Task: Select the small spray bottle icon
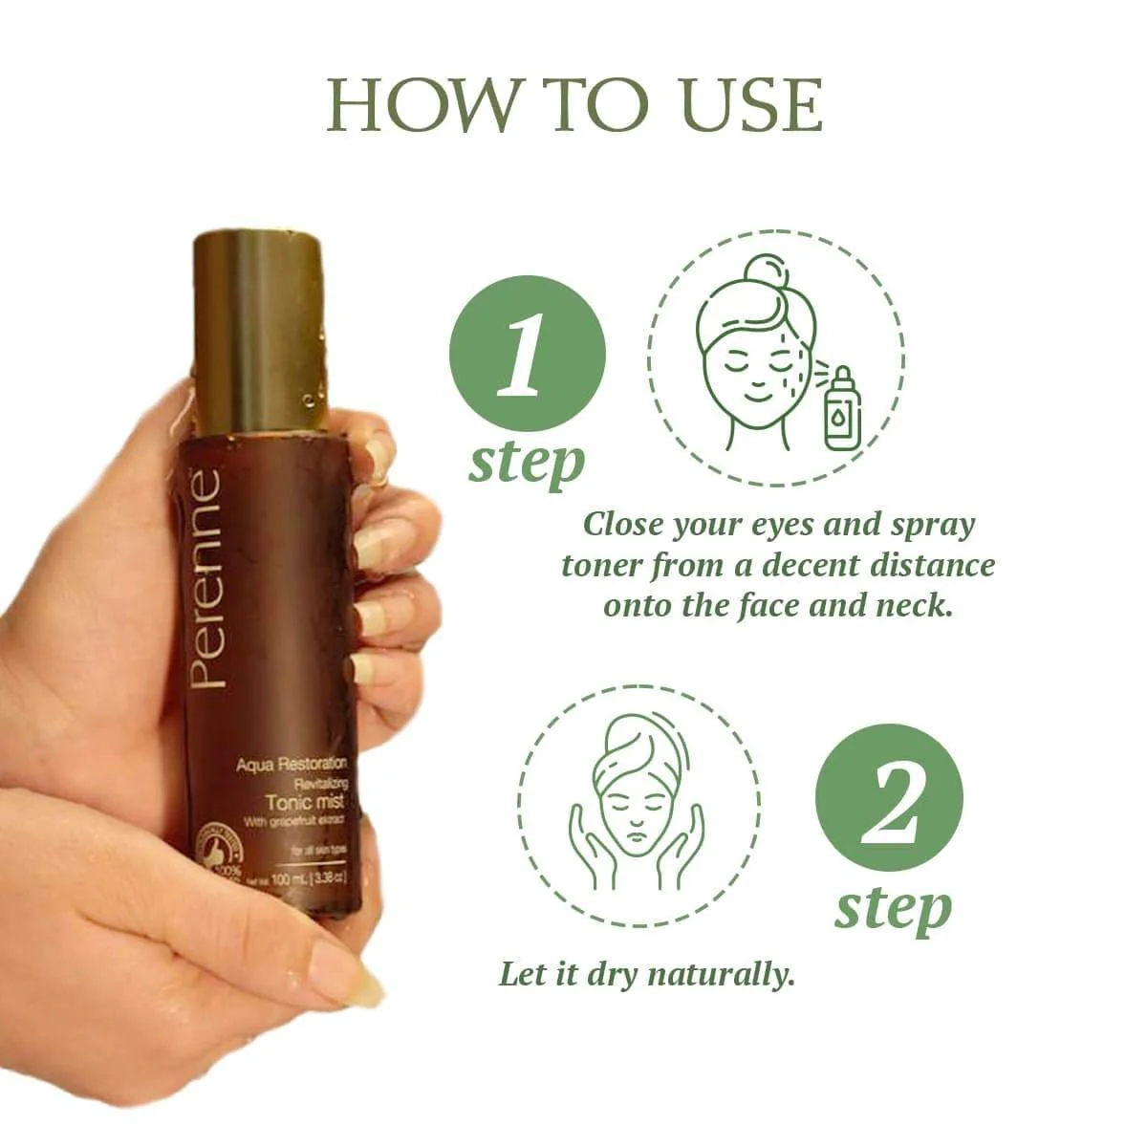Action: coord(841,408)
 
